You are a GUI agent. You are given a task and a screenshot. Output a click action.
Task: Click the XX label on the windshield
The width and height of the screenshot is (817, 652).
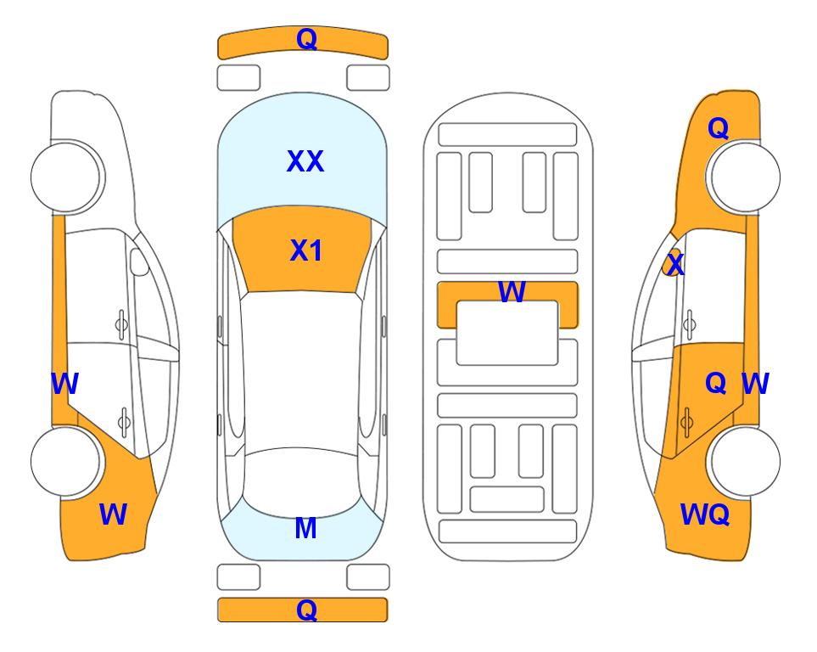coord(305,161)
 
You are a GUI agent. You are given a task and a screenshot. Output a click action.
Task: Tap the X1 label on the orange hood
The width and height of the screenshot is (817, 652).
coord(306,250)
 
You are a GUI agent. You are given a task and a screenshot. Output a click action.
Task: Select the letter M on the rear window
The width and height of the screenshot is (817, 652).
coord(306,528)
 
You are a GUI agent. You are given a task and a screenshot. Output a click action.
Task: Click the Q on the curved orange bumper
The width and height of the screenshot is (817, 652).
coord(306,39)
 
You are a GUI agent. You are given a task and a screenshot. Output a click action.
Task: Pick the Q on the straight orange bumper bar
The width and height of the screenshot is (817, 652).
coord(306,610)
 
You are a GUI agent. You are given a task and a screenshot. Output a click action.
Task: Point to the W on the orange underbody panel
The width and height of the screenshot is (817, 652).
coord(512,291)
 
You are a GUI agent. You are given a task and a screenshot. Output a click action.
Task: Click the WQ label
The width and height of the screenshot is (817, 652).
coord(704,514)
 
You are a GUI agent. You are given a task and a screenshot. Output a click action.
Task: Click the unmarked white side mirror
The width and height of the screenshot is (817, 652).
coord(139,261)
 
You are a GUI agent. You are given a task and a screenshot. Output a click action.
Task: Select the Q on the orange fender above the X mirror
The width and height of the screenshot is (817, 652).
coord(718,128)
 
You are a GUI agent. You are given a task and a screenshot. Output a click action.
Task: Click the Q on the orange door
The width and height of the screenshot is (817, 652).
coord(715,384)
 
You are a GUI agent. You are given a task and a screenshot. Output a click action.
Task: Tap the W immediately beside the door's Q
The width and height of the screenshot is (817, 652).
coord(755,384)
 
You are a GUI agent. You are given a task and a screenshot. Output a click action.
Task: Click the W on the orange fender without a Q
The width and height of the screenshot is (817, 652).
coord(113,514)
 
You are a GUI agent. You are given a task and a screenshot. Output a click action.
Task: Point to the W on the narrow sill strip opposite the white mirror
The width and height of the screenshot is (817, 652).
coord(64,384)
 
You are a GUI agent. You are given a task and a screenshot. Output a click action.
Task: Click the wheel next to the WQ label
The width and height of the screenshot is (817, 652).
coord(745,461)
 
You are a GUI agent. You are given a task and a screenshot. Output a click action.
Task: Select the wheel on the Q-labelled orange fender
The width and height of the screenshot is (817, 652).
coord(745,177)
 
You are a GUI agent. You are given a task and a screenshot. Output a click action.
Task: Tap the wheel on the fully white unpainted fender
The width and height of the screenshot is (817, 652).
coord(66,177)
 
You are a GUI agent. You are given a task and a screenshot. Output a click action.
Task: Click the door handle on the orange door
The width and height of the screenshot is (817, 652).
coord(686,421)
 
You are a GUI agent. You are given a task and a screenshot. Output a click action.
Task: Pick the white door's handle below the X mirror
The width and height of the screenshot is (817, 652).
coord(690,324)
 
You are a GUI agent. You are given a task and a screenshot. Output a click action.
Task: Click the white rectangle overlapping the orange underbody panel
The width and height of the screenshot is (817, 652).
coord(507,333)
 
